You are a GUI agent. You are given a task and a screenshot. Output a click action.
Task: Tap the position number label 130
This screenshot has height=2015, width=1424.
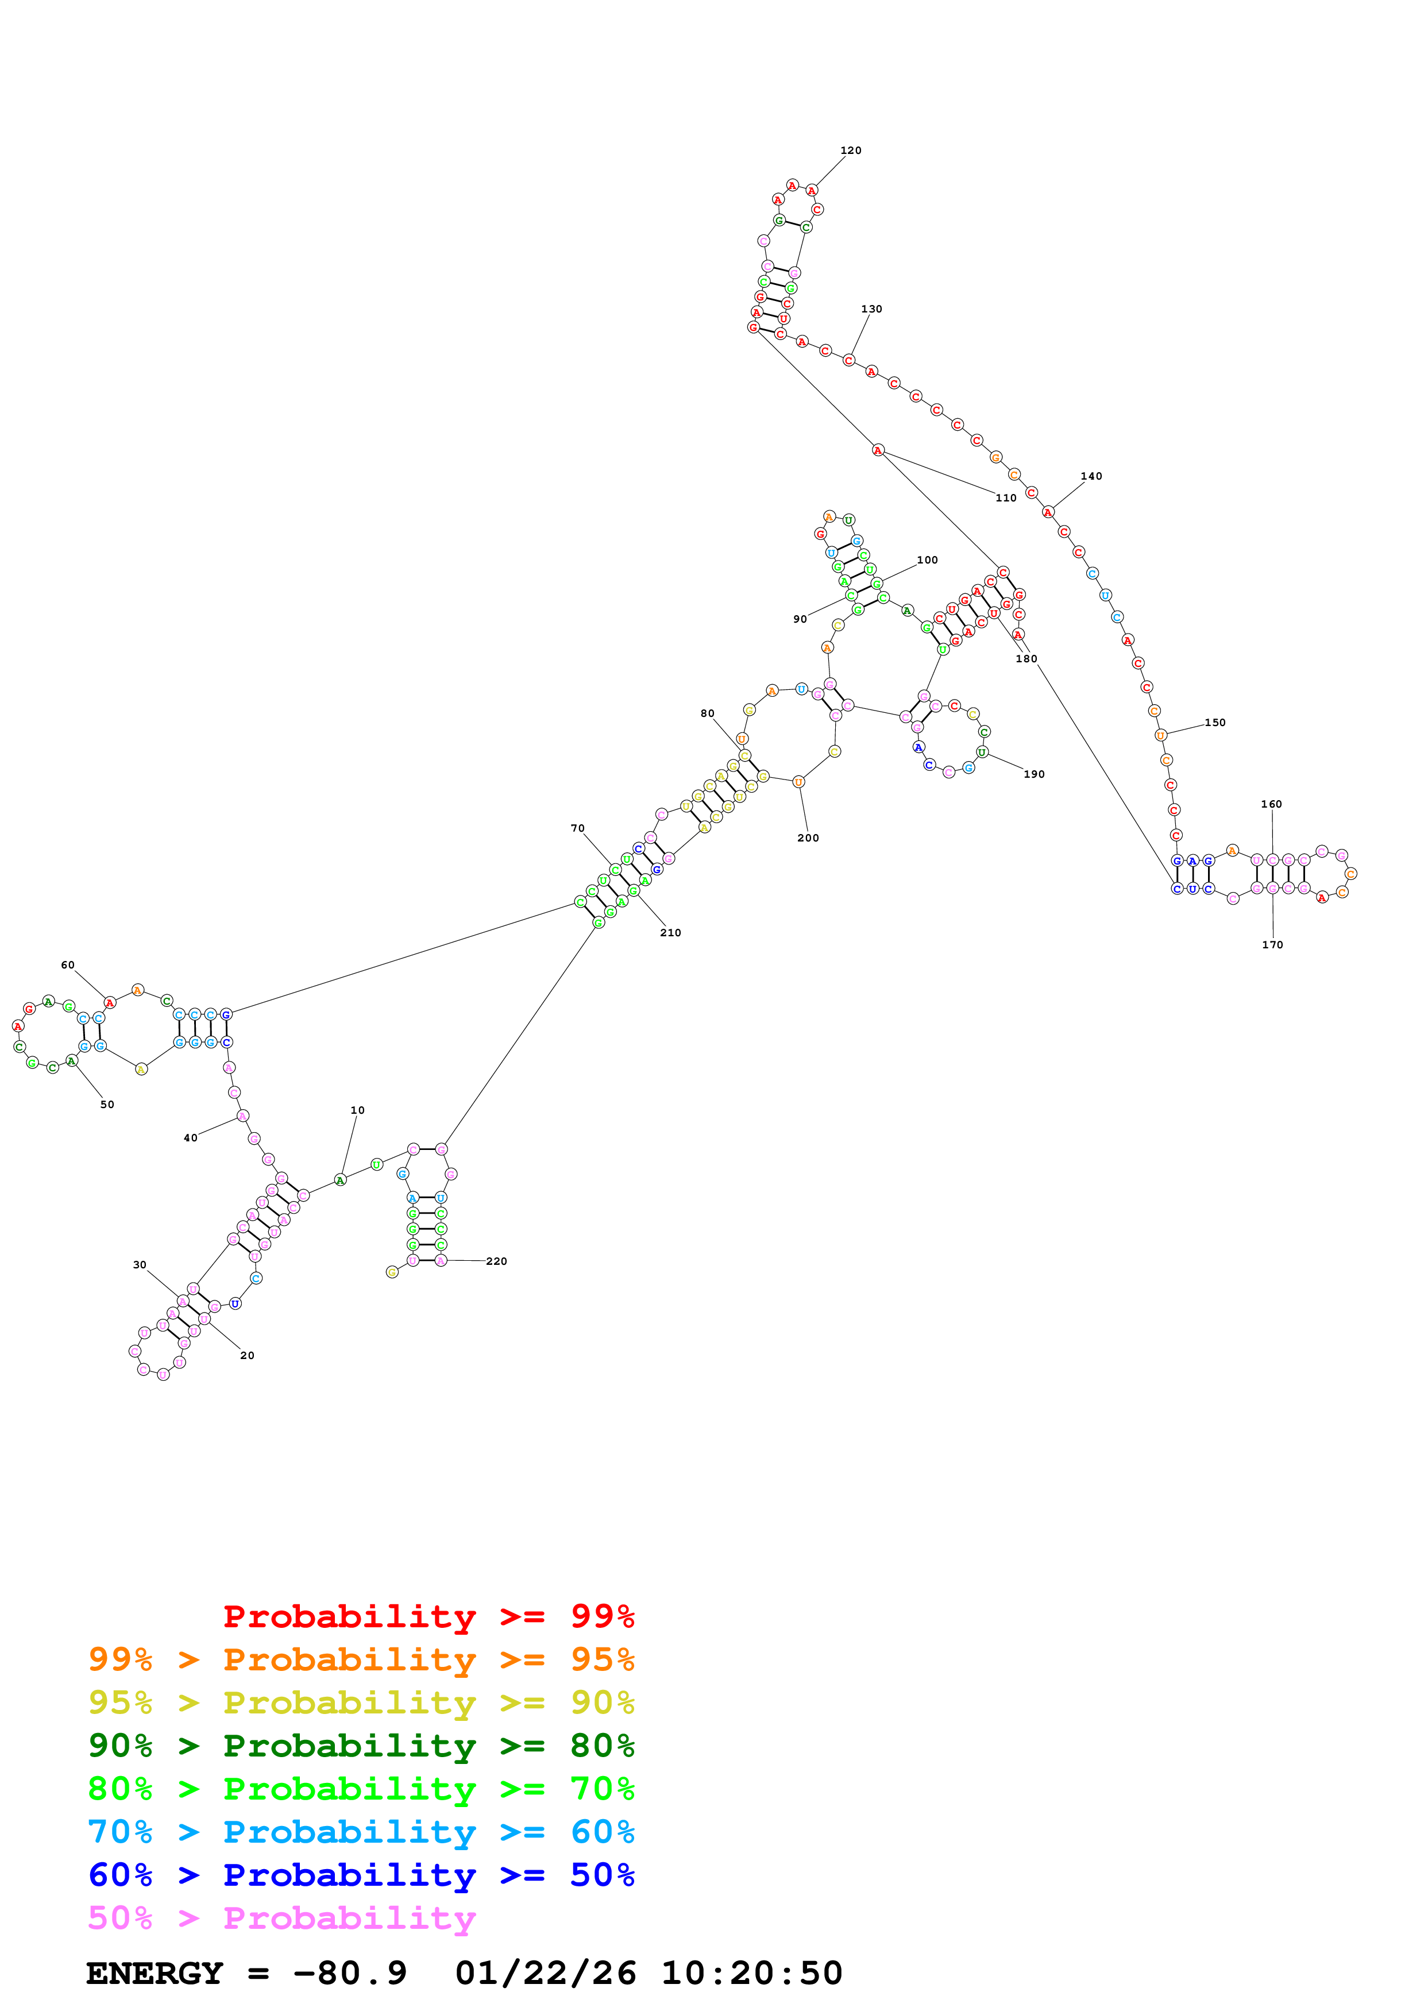pyautogui.click(x=871, y=309)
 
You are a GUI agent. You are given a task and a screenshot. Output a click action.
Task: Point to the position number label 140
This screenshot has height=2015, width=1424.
pyautogui.click(x=1091, y=477)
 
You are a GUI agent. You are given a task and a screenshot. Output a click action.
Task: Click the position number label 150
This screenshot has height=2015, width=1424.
pyautogui.click(x=1214, y=723)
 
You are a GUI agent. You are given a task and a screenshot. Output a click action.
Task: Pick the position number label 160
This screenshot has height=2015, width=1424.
pyautogui.click(x=1271, y=805)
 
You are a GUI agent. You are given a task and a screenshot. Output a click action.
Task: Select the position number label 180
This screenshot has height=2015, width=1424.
pyautogui.click(x=1026, y=659)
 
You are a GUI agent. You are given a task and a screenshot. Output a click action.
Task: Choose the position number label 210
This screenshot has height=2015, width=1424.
pyautogui.click(x=670, y=933)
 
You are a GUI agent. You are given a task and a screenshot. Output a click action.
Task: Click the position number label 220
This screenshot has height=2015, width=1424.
pyautogui.click(x=497, y=1262)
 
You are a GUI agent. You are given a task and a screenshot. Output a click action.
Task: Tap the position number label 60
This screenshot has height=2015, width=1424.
pyautogui.click(x=68, y=966)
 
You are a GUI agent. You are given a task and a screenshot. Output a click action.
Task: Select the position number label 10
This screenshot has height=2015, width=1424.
pyautogui.click(x=357, y=1110)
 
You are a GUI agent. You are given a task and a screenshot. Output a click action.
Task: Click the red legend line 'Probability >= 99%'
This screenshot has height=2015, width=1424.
pyautogui.click(x=428, y=1616)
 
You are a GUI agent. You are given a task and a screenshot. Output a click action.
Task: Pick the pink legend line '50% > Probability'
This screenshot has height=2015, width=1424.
pyautogui.click(x=281, y=1919)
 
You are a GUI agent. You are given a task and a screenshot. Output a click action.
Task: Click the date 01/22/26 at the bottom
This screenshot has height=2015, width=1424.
pyautogui.click(x=546, y=1974)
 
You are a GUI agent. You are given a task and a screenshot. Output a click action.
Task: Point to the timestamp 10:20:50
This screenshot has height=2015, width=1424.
pyautogui.click(x=751, y=1974)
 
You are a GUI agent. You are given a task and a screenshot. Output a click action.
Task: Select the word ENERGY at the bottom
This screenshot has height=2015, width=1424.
pyautogui.click(x=155, y=1974)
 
